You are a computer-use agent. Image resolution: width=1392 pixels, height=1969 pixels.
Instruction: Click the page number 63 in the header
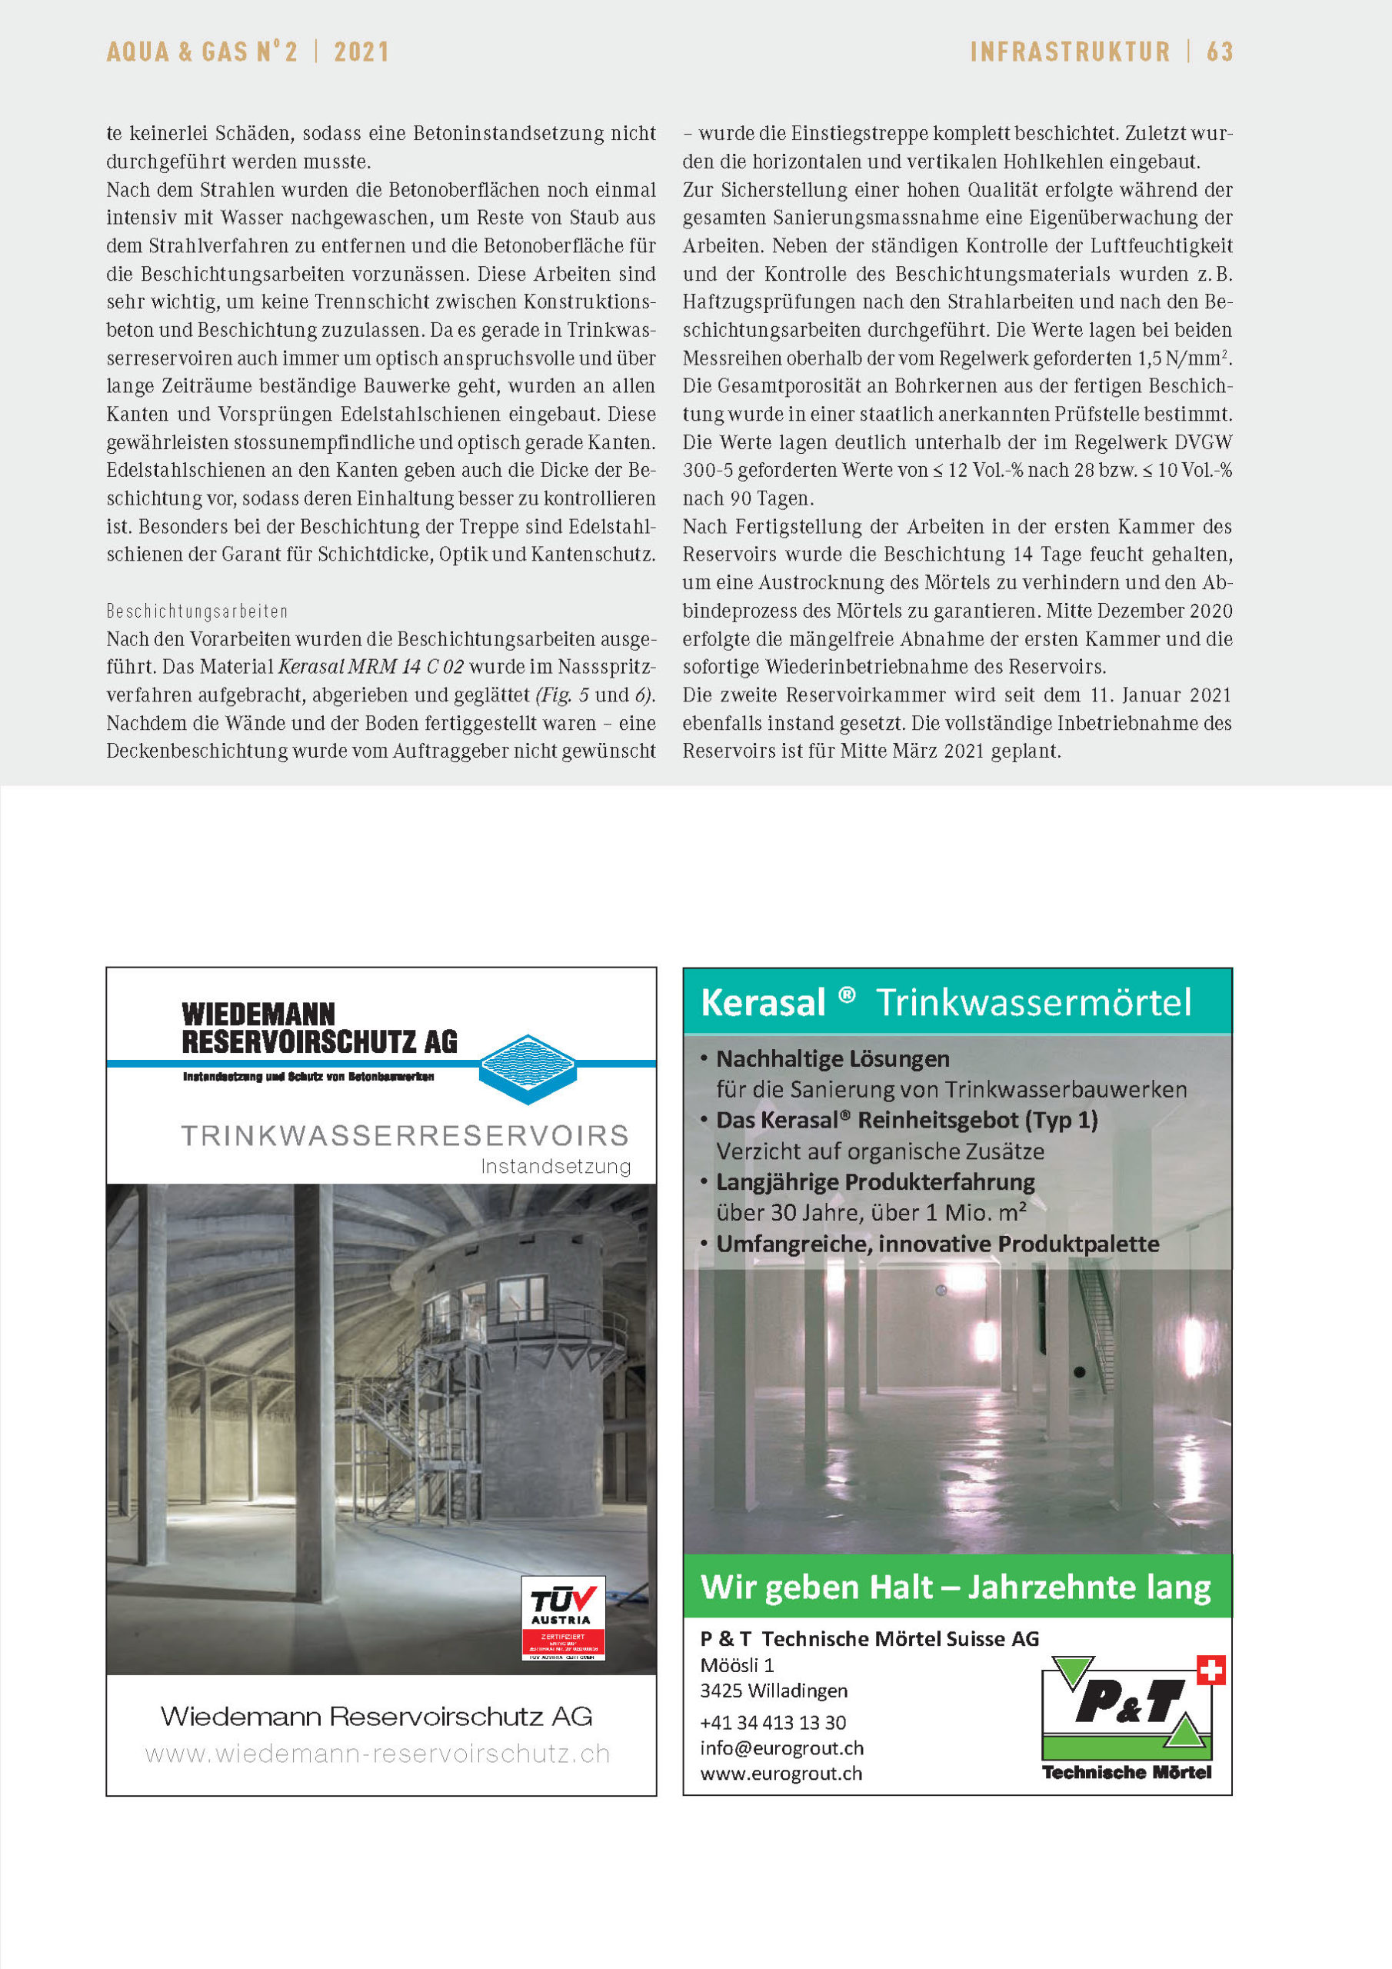(x=1219, y=52)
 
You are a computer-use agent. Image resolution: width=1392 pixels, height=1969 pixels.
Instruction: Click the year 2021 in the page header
(x=361, y=52)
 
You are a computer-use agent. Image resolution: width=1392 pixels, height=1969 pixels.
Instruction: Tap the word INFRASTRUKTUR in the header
(x=1070, y=52)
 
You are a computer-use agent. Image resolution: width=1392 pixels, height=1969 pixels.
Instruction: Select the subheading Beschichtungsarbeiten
(x=198, y=611)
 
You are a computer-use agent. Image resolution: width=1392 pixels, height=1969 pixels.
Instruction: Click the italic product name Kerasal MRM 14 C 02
(x=371, y=667)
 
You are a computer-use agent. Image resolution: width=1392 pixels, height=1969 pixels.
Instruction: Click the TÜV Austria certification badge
(x=563, y=1617)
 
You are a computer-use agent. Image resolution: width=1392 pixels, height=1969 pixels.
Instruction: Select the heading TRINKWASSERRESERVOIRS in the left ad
(x=405, y=1135)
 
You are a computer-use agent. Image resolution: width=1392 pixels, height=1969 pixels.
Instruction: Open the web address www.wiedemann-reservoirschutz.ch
(x=378, y=1754)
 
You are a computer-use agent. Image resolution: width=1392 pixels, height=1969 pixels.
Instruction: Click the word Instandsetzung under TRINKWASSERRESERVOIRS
(x=555, y=1166)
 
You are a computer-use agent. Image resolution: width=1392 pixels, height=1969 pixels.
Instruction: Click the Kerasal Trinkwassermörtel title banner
(x=956, y=1001)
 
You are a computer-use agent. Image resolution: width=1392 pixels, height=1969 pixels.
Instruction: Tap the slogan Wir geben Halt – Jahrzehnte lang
(x=955, y=1587)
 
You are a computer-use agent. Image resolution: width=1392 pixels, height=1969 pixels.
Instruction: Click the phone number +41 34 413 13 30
(x=773, y=1722)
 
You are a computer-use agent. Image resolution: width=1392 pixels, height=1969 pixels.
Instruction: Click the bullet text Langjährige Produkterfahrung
(x=875, y=1181)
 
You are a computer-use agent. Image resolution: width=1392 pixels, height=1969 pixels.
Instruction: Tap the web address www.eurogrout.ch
(x=781, y=1774)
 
